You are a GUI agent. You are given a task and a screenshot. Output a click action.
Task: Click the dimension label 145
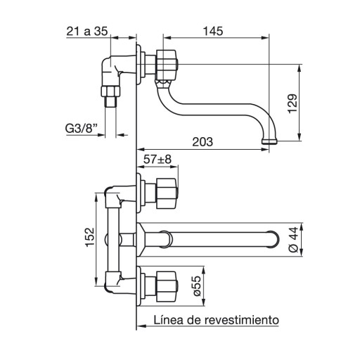pos(213,31)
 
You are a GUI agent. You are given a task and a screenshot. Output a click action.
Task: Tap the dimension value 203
pos(202,142)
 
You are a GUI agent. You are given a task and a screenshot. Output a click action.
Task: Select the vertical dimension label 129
pos(292,104)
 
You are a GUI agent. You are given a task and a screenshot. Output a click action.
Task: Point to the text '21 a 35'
pos(87,31)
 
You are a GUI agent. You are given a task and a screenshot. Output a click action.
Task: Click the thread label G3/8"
pos(81,129)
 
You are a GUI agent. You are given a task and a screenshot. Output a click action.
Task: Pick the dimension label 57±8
pos(157,160)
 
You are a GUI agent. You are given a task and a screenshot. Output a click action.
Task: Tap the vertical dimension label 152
pos(89,237)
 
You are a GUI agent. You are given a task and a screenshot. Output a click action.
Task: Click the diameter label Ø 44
pos(294,240)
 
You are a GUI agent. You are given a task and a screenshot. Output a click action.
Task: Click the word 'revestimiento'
pos(242,320)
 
